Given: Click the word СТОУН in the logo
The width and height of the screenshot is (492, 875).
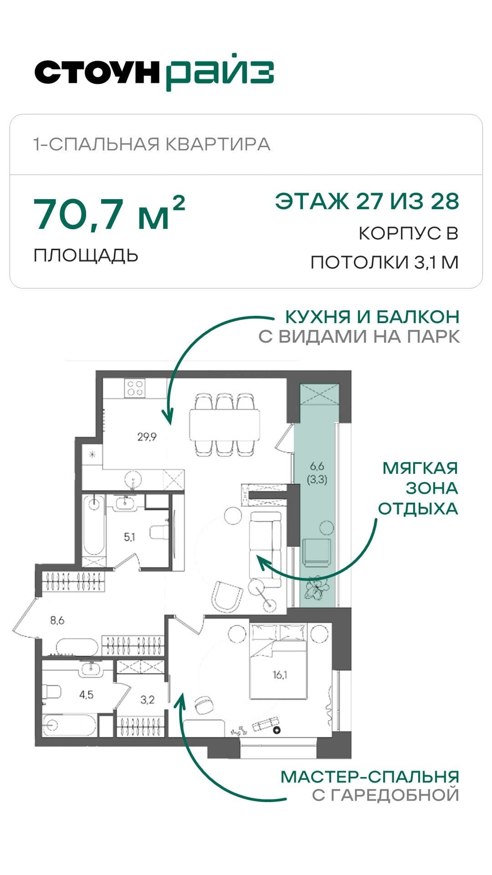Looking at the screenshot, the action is [97, 72].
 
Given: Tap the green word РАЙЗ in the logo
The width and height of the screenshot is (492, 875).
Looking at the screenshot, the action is [220, 73].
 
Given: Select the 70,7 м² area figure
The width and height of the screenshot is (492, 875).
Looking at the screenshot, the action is [109, 213].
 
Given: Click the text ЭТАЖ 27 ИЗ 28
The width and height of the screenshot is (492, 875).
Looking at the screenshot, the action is [367, 201].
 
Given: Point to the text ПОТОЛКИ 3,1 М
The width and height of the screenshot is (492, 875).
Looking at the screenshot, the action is [384, 262].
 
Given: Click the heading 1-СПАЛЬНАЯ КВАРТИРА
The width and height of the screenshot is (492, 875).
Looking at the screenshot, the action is [152, 144].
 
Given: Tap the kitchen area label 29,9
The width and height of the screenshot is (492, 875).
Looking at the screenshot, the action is [147, 437].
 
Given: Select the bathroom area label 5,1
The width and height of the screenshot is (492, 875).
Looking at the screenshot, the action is [129, 537].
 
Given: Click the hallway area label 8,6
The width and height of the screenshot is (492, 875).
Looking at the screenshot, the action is [57, 620].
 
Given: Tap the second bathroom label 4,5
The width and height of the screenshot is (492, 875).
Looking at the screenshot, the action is [86, 695].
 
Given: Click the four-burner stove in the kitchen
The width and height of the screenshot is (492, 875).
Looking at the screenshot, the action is [136, 388].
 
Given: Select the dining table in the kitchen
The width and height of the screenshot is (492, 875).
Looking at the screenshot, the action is [225, 424].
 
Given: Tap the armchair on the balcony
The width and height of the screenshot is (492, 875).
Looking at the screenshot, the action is [317, 552].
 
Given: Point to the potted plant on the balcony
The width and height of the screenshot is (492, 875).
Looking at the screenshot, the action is [316, 588].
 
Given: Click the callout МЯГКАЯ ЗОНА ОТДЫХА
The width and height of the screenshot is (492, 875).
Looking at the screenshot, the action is [419, 488].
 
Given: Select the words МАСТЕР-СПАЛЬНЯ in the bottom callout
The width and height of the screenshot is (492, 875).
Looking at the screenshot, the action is [369, 777].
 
